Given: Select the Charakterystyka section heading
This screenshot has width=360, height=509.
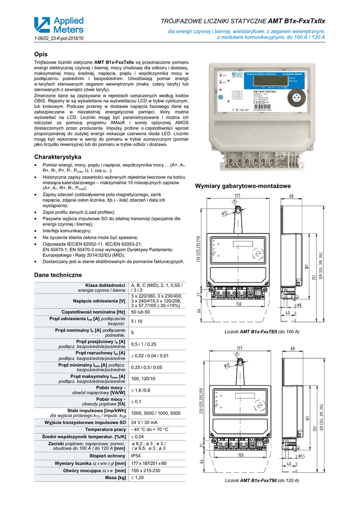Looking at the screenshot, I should point(57,157).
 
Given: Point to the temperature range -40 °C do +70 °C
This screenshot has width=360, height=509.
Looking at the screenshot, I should point(150,429).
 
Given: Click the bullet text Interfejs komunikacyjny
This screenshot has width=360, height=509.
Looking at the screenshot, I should point(67,231).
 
